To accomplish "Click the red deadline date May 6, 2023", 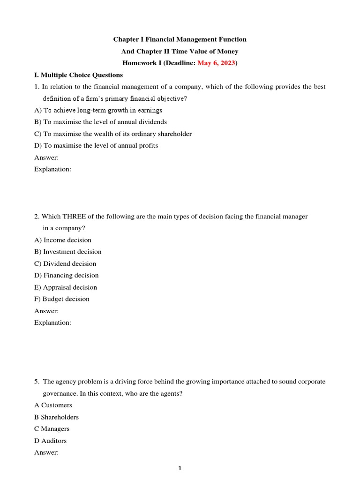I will (217, 63).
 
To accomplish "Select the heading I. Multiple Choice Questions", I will (79, 75).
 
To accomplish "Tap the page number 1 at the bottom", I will (180, 468).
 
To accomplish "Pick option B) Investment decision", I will (68, 252).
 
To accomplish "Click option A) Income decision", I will (63, 240).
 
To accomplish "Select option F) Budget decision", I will (62, 299).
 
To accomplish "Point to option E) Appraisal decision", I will (66, 287).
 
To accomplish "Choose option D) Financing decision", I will (67, 276).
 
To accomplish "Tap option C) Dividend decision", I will (65, 264).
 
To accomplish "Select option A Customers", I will (53, 405).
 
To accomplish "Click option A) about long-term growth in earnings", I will (98, 110).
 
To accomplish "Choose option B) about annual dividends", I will (100, 122).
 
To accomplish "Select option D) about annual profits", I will (96, 145).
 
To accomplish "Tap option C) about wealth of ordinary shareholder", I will (113, 134).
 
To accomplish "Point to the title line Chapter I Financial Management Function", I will (180, 39).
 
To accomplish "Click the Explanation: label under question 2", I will (52, 323).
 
